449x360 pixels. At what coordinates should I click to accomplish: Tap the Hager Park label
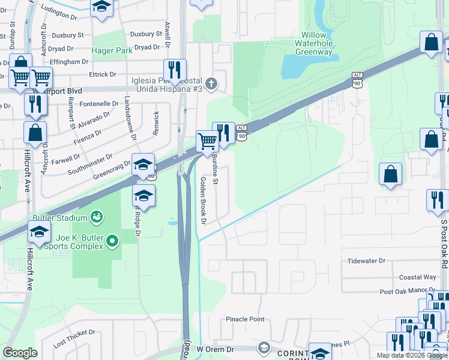tap(112, 51)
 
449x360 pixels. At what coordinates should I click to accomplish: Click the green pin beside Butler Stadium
tap(95, 215)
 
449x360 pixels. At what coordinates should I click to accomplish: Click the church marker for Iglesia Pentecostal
tap(210, 83)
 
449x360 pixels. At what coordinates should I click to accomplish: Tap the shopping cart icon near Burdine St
tap(207, 142)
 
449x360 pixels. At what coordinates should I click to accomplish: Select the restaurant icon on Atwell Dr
tap(175, 70)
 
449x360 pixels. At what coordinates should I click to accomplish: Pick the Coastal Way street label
tap(418, 277)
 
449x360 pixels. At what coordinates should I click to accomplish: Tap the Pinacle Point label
tap(245, 319)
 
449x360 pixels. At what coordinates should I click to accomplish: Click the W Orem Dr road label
tap(218, 349)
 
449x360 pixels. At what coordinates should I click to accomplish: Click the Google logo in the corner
tap(20, 353)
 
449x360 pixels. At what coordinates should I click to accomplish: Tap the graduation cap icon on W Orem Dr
tap(264, 347)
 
